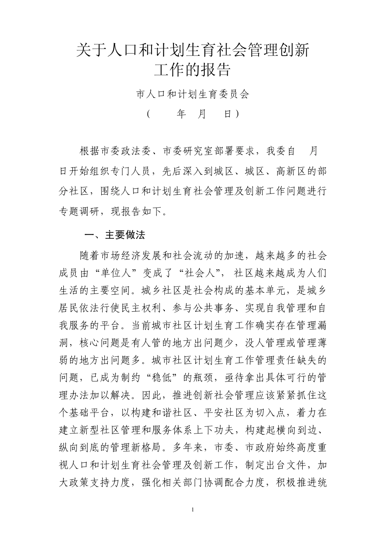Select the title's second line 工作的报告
[x=192, y=70]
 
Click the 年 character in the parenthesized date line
[x=181, y=115]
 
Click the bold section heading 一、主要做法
[x=114, y=235]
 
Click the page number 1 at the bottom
[x=193, y=509]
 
